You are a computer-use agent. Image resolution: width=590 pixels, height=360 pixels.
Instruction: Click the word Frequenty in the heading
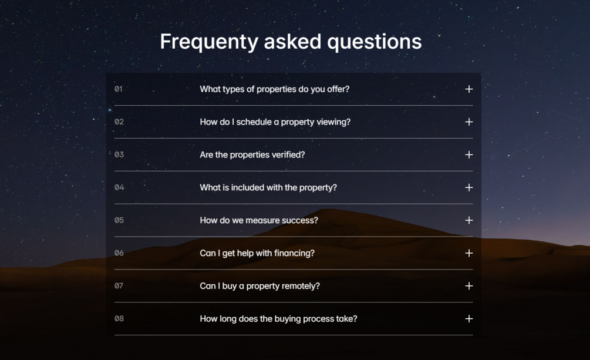[x=209, y=42]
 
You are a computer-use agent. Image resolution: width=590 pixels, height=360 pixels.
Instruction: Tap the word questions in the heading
[x=375, y=42]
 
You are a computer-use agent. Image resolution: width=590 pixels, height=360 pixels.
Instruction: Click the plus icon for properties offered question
[x=469, y=89]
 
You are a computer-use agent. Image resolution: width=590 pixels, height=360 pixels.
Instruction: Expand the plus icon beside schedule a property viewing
[x=469, y=122]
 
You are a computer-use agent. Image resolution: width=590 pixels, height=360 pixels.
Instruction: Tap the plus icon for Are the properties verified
[x=469, y=155]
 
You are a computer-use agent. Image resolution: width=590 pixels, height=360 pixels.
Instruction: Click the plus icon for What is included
[x=469, y=187]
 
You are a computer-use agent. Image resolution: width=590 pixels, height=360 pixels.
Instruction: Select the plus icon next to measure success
[x=469, y=220]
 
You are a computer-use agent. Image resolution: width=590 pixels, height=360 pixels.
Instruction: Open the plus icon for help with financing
[x=469, y=253]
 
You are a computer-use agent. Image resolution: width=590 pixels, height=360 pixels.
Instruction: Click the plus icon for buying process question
[x=469, y=319]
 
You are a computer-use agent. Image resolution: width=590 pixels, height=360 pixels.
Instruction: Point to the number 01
[x=119, y=89]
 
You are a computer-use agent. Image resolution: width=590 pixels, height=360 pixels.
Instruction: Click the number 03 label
[x=119, y=155]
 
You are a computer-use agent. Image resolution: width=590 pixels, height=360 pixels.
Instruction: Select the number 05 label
[x=119, y=220]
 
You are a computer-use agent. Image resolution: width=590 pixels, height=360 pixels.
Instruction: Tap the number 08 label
[x=119, y=319]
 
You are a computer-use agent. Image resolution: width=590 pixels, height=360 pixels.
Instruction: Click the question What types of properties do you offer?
[x=275, y=89]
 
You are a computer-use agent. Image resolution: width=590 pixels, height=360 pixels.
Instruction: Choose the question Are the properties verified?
[x=252, y=155]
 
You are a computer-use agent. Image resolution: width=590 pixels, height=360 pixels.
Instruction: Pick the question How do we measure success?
[x=259, y=220]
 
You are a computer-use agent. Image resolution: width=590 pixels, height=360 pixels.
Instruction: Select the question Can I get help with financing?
[x=257, y=254]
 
